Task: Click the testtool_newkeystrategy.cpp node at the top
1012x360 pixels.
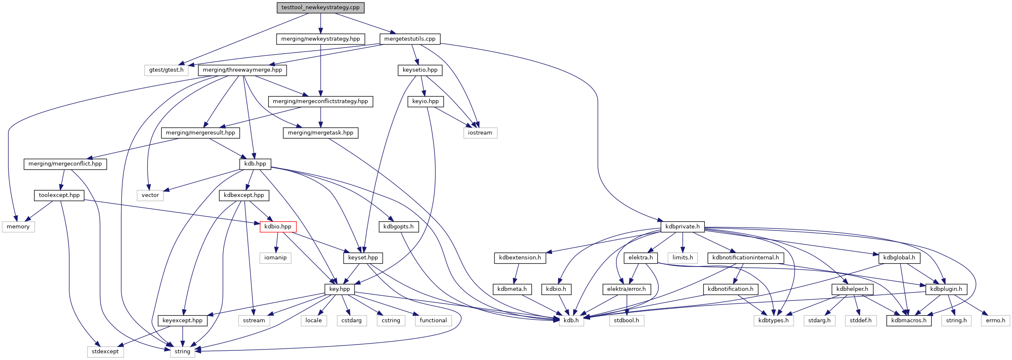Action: point(320,8)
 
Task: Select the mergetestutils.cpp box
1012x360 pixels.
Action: point(409,39)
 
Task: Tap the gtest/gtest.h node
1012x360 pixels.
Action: point(166,70)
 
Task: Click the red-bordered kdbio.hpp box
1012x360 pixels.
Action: point(278,227)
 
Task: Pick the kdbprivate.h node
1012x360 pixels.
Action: point(682,227)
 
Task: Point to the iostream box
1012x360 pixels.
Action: point(480,133)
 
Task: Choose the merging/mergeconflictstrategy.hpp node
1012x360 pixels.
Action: point(320,101)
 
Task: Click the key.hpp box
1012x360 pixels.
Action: point(339,289)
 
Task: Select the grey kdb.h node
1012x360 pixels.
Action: point(571,321)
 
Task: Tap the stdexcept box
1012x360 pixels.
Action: point(105,352)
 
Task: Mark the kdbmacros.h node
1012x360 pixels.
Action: point(908,321)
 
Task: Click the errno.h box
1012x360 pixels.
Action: point(995,321)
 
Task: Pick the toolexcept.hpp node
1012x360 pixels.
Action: point(59,195)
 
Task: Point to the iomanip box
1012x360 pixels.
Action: point(275,258)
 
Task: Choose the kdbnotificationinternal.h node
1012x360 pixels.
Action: point(745,258)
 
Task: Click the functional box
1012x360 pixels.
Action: point(433,321)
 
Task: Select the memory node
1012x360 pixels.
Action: point(18,227)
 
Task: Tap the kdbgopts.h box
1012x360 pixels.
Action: point(398,227)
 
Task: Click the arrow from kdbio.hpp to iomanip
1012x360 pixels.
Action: point(277,242)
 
